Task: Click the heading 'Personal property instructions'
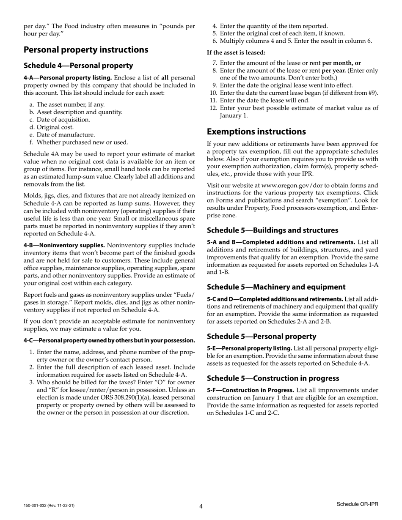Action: pyautogui.click(x=86, y=50)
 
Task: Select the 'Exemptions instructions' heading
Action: pyautogui.click(x=256, y=131)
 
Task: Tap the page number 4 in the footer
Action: pyautogui.click(x=201, y=506)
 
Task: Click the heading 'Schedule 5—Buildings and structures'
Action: pyautogui.click(x=273, y=230)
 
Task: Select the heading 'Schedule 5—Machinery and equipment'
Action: pyautogui.click(x=276, y=287)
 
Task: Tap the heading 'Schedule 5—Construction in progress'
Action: pyautogui.click(x=273, y=378)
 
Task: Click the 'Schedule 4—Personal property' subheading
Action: pyautogui.click(x=78, y=66)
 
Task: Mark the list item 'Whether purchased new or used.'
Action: pyautogui.click(x=82, y=142)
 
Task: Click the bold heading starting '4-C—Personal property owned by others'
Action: pyautogui.click(x=109, y=340)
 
